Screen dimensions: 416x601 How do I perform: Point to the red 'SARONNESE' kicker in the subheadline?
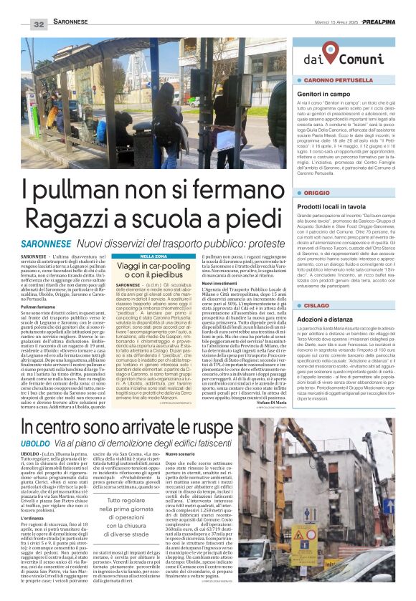click(x=44, y=245)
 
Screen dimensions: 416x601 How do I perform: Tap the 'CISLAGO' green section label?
click(x=318, y=286)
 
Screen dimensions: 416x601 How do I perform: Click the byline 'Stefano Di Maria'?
click(x=272, y=400)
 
